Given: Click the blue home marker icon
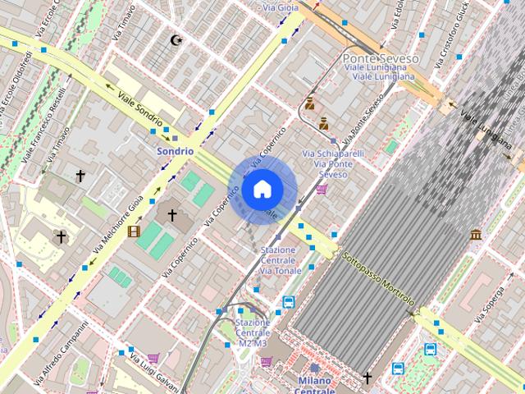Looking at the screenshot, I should tap(262, 189).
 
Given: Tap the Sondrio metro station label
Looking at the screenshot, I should tap(175, 151).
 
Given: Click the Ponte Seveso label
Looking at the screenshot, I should tap(380, 59).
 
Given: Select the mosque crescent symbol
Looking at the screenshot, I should tap(175, 39).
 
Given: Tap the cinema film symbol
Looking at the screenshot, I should tap(134, 231).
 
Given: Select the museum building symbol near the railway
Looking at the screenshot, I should tap(476, 236).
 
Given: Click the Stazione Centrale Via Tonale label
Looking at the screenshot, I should tap(281, 260).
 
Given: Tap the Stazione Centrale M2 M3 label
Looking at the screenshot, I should tap(252, 332).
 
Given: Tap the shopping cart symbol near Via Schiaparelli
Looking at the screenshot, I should tap(322, 190).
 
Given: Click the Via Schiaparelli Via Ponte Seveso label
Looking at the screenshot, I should tap(327, 163).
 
